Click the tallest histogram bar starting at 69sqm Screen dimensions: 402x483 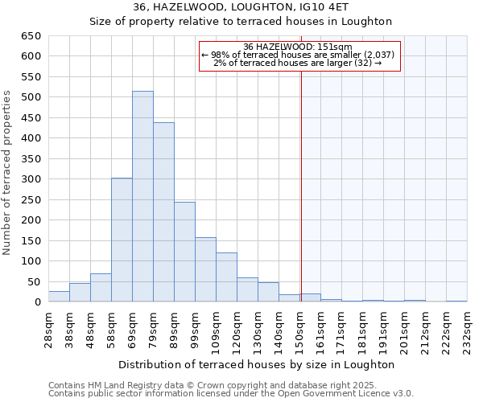point(142,197)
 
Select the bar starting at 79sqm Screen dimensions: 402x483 point(163,212)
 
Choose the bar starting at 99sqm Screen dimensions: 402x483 point(205,269)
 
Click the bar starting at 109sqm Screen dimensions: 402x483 point(226,277)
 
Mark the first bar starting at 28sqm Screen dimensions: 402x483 point(59,297)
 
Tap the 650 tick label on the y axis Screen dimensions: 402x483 point(31,36)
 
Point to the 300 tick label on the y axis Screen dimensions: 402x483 point(31,179)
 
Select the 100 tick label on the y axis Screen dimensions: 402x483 point(31,261)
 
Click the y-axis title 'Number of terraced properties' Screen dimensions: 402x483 point(8,173)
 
